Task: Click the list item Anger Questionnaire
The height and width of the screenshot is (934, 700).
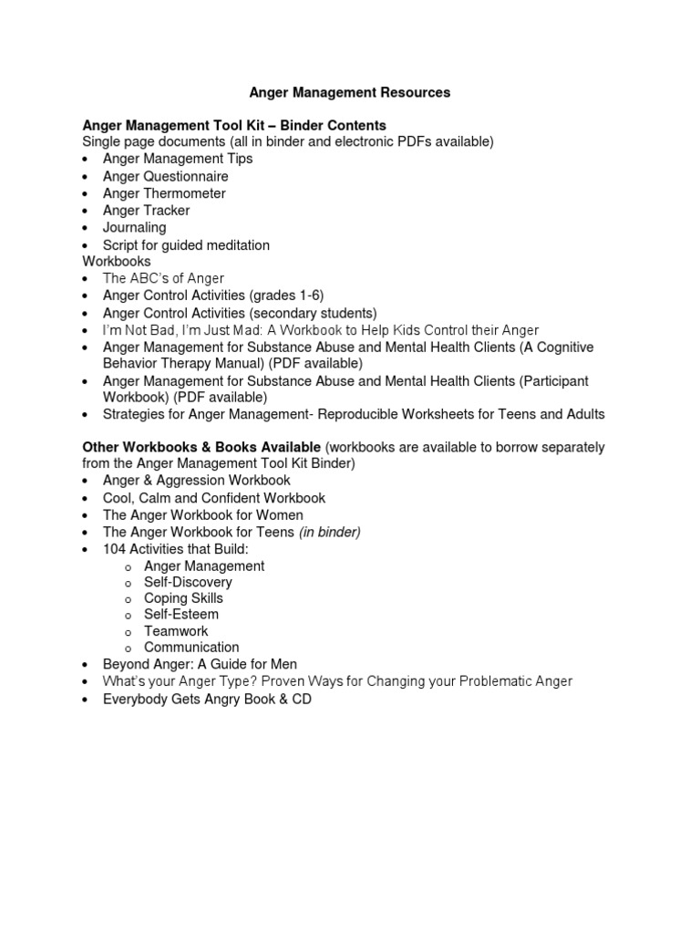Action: [x=165, y=176]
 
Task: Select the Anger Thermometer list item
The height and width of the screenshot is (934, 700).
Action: [x=164, y=193]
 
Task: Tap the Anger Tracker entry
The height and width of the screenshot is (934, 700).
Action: [x=146, y=211]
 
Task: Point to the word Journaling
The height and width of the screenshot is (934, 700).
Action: [x=134, y=227]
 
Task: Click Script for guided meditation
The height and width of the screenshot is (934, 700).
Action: [x=186, y=245]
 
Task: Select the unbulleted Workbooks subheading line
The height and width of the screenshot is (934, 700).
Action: [x=117, y=261]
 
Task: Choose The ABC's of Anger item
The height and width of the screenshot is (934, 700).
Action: [x=163, y=278]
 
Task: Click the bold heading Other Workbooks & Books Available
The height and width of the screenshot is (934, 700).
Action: [x=201, y=447]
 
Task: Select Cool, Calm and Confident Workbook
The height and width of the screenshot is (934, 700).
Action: [x=214, y=498]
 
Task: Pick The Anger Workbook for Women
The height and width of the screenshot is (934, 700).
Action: [x=202, y=515]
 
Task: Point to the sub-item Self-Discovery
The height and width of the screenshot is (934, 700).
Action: [x=188, y=582]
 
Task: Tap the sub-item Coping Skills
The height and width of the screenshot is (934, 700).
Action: [x=183, y=598]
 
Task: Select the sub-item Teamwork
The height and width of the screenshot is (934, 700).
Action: [x=176, y=631]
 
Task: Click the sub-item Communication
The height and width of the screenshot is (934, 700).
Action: [x=191, y=648]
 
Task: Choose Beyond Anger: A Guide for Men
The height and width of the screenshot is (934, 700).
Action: [x=200, y=664]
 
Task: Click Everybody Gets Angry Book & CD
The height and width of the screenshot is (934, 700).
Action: [x=207, y=700]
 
